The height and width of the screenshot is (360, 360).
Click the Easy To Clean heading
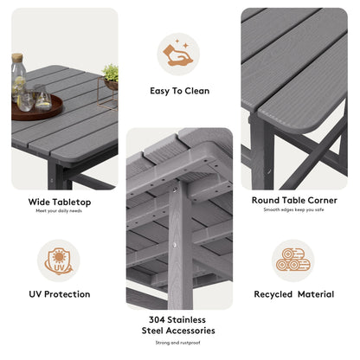click(179, 90)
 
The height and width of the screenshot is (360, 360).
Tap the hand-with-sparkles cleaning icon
click(179, 55)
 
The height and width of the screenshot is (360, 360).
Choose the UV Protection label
click(59, 294)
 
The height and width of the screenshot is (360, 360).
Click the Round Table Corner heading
click(293, 199)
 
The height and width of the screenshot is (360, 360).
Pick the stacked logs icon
click(293, 260)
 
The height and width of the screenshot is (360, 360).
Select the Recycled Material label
click(293, 294)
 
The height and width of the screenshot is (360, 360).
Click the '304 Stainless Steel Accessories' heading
click(178, 325)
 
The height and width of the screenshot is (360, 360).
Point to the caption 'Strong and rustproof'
click(178, 343)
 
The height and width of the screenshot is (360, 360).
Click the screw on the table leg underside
click(180, 243)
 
